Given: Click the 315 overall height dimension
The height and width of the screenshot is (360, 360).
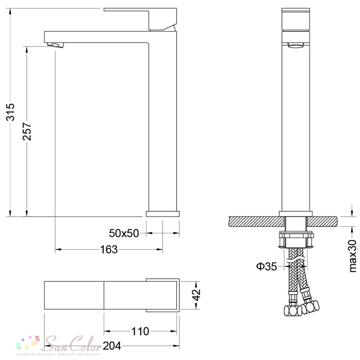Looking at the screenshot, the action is tap(10, 112).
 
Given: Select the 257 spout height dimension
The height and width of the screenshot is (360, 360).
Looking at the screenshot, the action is tap(27, 131).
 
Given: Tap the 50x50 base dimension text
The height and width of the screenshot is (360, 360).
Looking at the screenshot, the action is tap(124, 233).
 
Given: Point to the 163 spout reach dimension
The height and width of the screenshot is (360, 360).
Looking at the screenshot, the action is tap(109, 249).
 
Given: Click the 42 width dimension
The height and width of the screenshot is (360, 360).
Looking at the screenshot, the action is tap(196, 295).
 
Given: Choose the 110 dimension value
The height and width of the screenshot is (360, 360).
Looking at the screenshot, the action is tap(140, 331).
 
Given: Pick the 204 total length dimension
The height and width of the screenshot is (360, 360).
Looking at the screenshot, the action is tap(112, 346).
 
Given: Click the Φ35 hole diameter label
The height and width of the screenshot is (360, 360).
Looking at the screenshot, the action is tap(266, 266).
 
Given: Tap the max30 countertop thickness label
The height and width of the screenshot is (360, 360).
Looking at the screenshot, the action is tap(353, 256).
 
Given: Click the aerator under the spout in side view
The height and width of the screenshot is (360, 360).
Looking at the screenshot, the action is tap(55, 45).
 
